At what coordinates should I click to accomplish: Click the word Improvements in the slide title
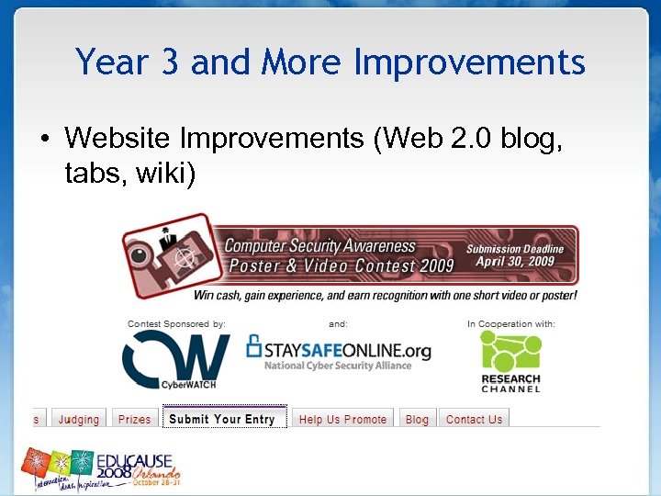(469, 63)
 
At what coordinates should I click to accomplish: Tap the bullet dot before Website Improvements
(43, 140)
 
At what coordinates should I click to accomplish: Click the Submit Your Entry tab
(222, 419)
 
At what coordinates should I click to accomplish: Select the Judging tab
(78, 419)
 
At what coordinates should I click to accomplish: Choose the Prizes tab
(134, 419)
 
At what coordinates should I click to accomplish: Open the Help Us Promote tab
(342, 419)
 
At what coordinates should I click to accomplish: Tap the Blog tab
(417, 419)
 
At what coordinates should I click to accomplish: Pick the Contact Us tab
(474, 419)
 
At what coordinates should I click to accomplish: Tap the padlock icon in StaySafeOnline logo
(254, 346)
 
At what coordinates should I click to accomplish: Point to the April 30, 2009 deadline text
(516, 261)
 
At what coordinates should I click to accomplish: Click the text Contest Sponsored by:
(175, 323)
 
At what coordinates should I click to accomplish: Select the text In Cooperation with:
(510, 323)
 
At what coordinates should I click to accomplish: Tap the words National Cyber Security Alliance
(337, 366)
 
